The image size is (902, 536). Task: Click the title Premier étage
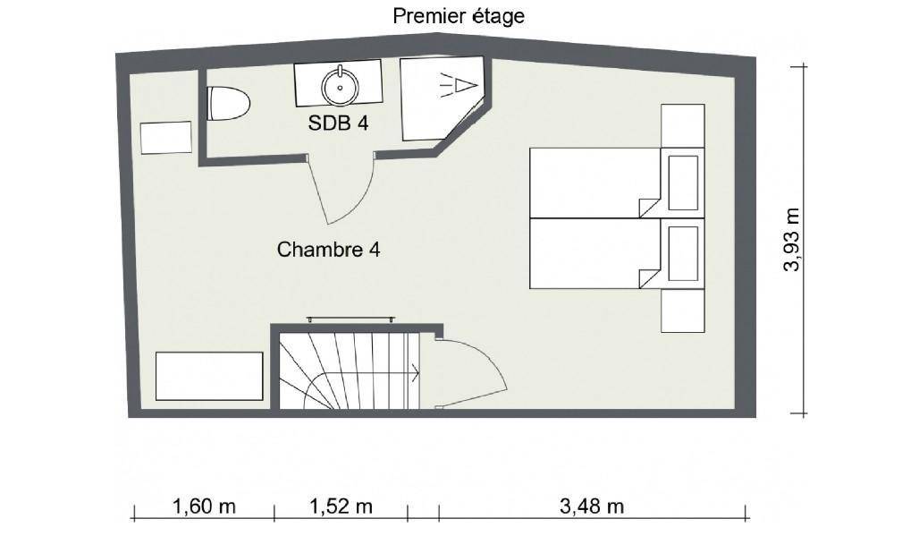pyautogui.click(x=459, y=16)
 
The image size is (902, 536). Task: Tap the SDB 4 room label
pyautogui.click(x=338, y=123)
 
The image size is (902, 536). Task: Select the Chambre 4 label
pyautogui.click(x=328, y=250)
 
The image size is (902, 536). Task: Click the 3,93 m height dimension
pyautogui.click(x=792, y=240)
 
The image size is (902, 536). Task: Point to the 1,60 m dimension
pyautogui.click(x=204, y=506)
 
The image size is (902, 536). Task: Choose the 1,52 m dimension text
pyautogui.click(x=341, y=506)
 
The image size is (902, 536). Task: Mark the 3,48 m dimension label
pyautogui.click(x=592, y=506)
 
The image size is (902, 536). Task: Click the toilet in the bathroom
pyautogui.click(x=228, y=103)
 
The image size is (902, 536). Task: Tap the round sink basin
pyautogui.click(x=340, y=87)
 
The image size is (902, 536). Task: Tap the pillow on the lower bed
pyautogui.click(x=683, y=253)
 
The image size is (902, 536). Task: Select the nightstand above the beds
pyautogui.click(x=683, y=125)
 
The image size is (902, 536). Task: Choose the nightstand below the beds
pyautogui.click(x=683, y=311)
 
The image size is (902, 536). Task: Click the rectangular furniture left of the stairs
pyautogui.click(x=209, y=376)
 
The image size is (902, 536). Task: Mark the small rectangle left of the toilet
pyautogui.click(x=166, y=138)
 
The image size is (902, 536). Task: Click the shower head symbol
pyautogui.click(x=459, y=85)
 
